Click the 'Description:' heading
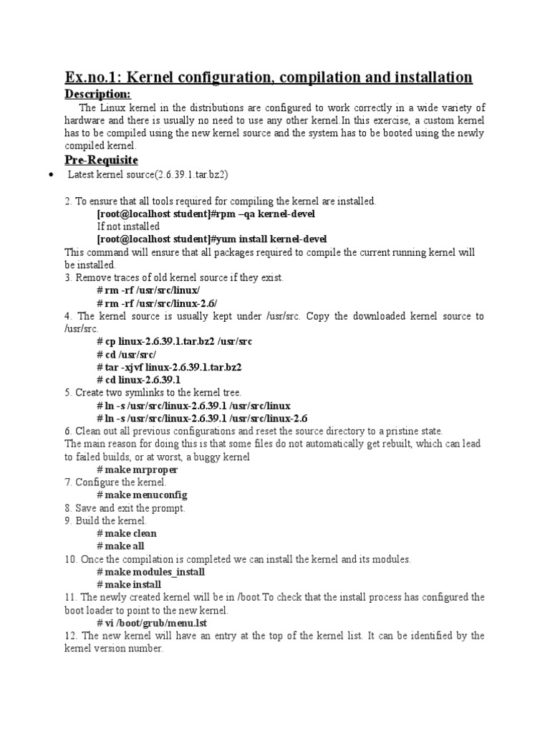97,95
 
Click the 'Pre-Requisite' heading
101,159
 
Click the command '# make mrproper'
137,470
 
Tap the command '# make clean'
127,533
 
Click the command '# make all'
120,546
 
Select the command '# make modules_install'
150,572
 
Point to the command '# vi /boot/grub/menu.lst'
152,623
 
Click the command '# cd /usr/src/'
126,354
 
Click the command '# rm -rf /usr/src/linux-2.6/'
157,303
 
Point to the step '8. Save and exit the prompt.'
125,508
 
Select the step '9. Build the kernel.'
105,520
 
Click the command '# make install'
129,585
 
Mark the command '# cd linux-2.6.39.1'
138,380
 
